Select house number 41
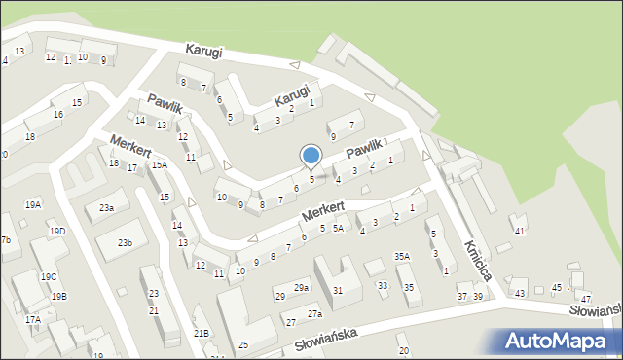tap(520, 231)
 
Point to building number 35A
tap(401, 256)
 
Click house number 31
tap(338, 290)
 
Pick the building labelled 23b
tap(125, 242)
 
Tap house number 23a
tap(107, 208)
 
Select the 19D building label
tap(58, 231)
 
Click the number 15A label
tap(159, 165)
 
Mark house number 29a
tap(302, 287)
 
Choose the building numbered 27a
tap(314, 314)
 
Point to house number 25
tap(243, 344)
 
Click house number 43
tap(520, 293)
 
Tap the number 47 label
tap(585, 299)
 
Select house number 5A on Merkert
tap(338, 228)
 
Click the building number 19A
tap(33, 204)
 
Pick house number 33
tap(383, 285)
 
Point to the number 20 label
tap(403, 350)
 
